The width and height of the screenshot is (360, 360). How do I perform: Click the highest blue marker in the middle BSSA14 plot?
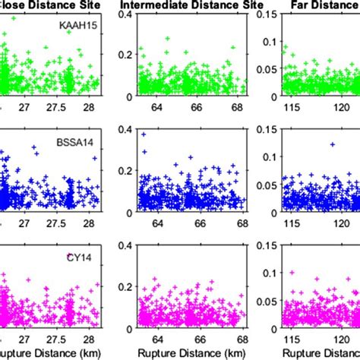pos(144,134)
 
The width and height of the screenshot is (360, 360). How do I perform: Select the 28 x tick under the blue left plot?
pos(89,223)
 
